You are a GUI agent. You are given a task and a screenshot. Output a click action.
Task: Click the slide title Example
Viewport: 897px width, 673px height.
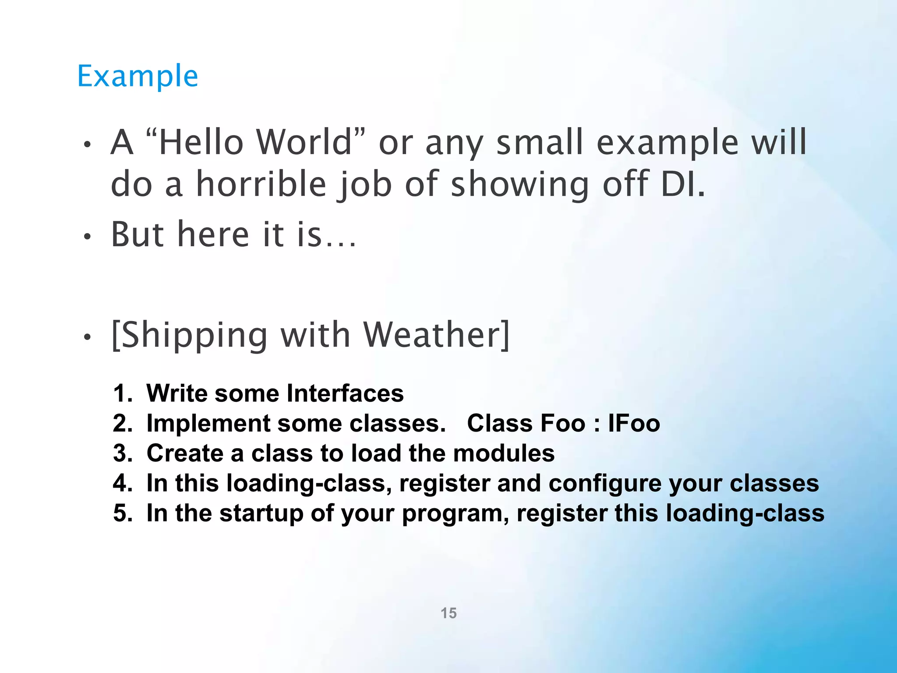(138, 77)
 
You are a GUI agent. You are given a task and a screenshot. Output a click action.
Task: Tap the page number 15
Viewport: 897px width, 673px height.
(448, 613)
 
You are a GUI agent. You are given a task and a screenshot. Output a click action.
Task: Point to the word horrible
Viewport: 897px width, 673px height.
(261, 184)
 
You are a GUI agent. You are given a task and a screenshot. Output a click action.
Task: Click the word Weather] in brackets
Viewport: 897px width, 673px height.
(437, 335)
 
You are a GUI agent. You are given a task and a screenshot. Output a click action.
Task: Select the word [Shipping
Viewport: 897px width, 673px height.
(189, 336)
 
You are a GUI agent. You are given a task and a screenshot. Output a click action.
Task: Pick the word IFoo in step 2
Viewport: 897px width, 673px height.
(634, 423)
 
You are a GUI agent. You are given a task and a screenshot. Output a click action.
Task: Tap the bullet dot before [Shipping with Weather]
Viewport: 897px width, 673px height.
(88, 337)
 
